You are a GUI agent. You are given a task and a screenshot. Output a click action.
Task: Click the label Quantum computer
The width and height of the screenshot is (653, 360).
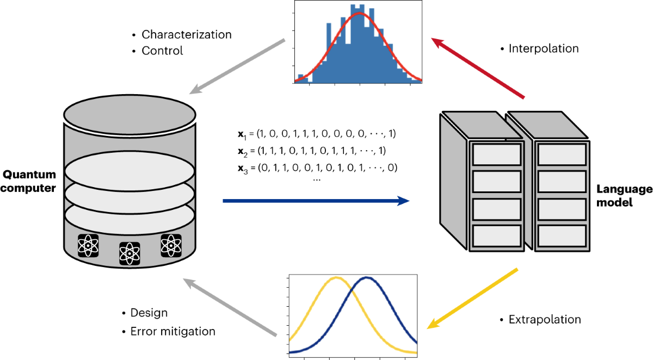(x=30, y=181)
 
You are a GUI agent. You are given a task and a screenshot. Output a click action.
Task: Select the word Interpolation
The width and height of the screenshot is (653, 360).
(x=544, y=48)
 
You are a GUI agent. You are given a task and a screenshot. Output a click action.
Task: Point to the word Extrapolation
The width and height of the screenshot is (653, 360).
(x=545, y=319)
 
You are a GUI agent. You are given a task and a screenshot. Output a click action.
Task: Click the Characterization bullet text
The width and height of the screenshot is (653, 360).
(x=187, y=35)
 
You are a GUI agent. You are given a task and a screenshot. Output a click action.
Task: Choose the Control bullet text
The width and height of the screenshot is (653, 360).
(x=162, y=51)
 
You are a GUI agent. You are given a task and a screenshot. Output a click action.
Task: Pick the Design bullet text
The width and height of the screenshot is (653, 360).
(x=149, y=313)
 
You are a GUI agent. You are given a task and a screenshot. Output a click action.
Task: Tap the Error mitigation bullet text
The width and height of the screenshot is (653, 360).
(x=173, y=331)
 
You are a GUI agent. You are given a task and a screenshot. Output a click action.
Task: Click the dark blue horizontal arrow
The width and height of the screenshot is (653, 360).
(x=316, y=201)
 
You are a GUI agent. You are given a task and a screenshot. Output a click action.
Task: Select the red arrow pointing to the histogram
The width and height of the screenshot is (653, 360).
(x=477, y=68)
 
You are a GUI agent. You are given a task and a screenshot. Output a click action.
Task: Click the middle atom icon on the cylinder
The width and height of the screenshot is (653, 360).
(x=130, y=252)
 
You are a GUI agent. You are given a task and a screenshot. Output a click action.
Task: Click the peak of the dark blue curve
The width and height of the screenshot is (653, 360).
(x=367, y=278)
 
